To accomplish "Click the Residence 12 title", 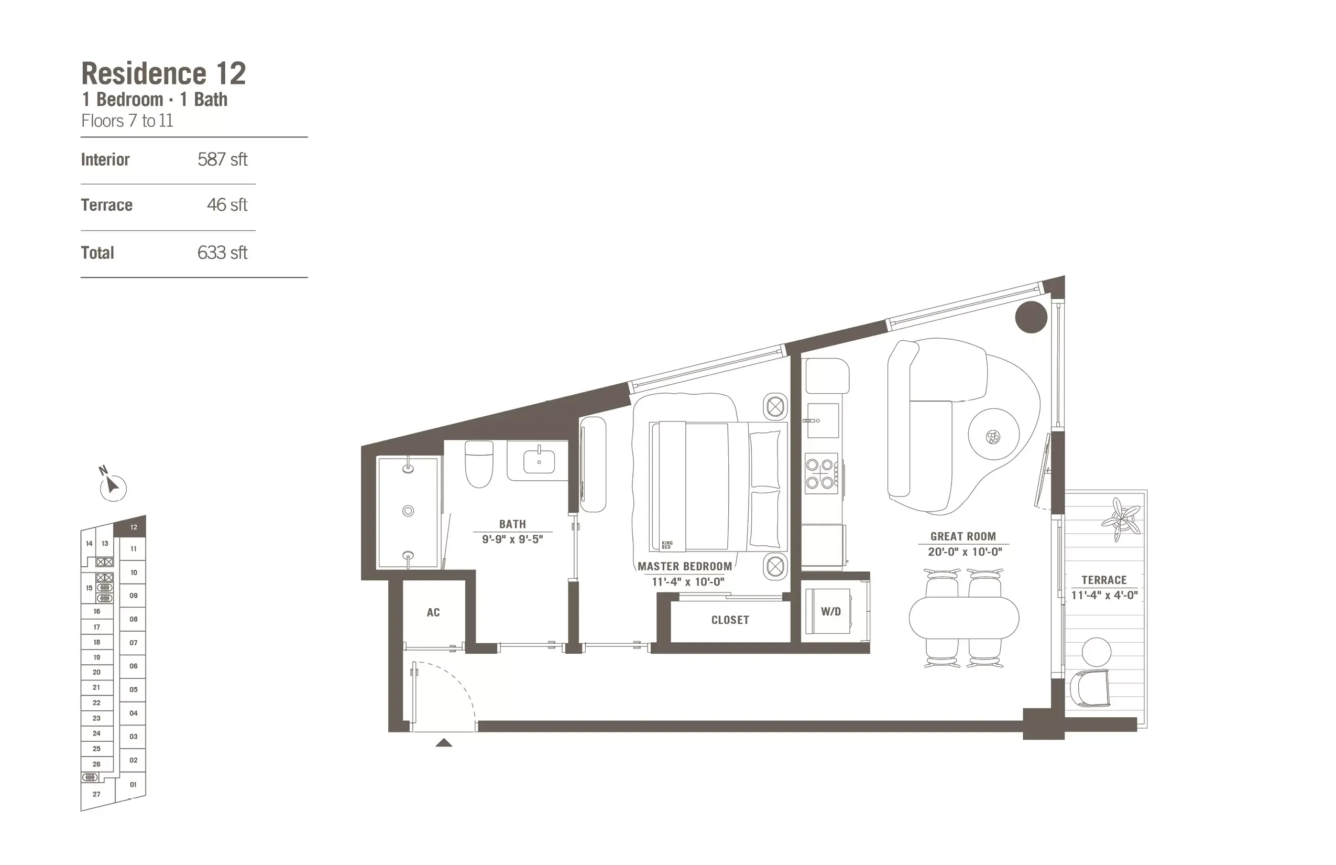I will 163,73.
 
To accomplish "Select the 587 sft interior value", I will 222,159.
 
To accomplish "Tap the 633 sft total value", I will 222,253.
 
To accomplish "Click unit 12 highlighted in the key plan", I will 133,527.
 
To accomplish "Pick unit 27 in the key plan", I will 96,794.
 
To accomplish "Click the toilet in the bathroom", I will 479,464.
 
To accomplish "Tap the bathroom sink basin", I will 539,462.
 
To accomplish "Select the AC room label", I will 433,612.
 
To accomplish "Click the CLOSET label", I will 730,620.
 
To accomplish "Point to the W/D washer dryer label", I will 831,612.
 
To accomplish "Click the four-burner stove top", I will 820,473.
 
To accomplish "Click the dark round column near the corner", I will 1031,317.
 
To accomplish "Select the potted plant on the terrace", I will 1121,519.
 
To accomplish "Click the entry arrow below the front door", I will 443,742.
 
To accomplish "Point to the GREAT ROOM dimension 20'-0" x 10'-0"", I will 965,552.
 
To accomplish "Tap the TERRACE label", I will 1103,580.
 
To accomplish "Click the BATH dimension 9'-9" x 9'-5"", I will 512,540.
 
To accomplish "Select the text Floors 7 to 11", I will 127,121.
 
